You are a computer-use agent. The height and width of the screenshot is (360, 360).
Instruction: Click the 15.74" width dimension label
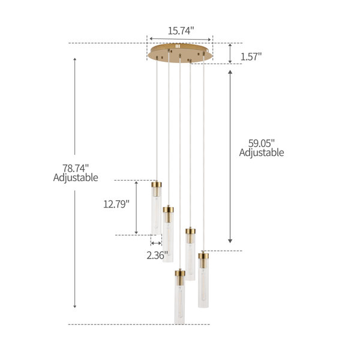[181, 31]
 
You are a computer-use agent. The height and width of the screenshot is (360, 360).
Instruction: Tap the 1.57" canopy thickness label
[251, 56]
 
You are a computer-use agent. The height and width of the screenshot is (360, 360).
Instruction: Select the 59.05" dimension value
[261, 143]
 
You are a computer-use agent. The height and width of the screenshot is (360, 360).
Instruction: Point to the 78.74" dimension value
[76, 168]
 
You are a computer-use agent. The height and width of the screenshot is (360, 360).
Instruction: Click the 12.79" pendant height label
[116, 204]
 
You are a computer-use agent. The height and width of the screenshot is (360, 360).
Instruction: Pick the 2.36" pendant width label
[157, 256]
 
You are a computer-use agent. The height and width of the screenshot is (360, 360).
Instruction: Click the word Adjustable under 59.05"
[262, 153]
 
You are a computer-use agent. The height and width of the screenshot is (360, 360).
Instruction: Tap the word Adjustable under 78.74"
[76, 178]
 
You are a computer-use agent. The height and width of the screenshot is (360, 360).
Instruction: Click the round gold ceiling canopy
[180, 53]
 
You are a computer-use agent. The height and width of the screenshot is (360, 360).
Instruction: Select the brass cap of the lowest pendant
[180, 274]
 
